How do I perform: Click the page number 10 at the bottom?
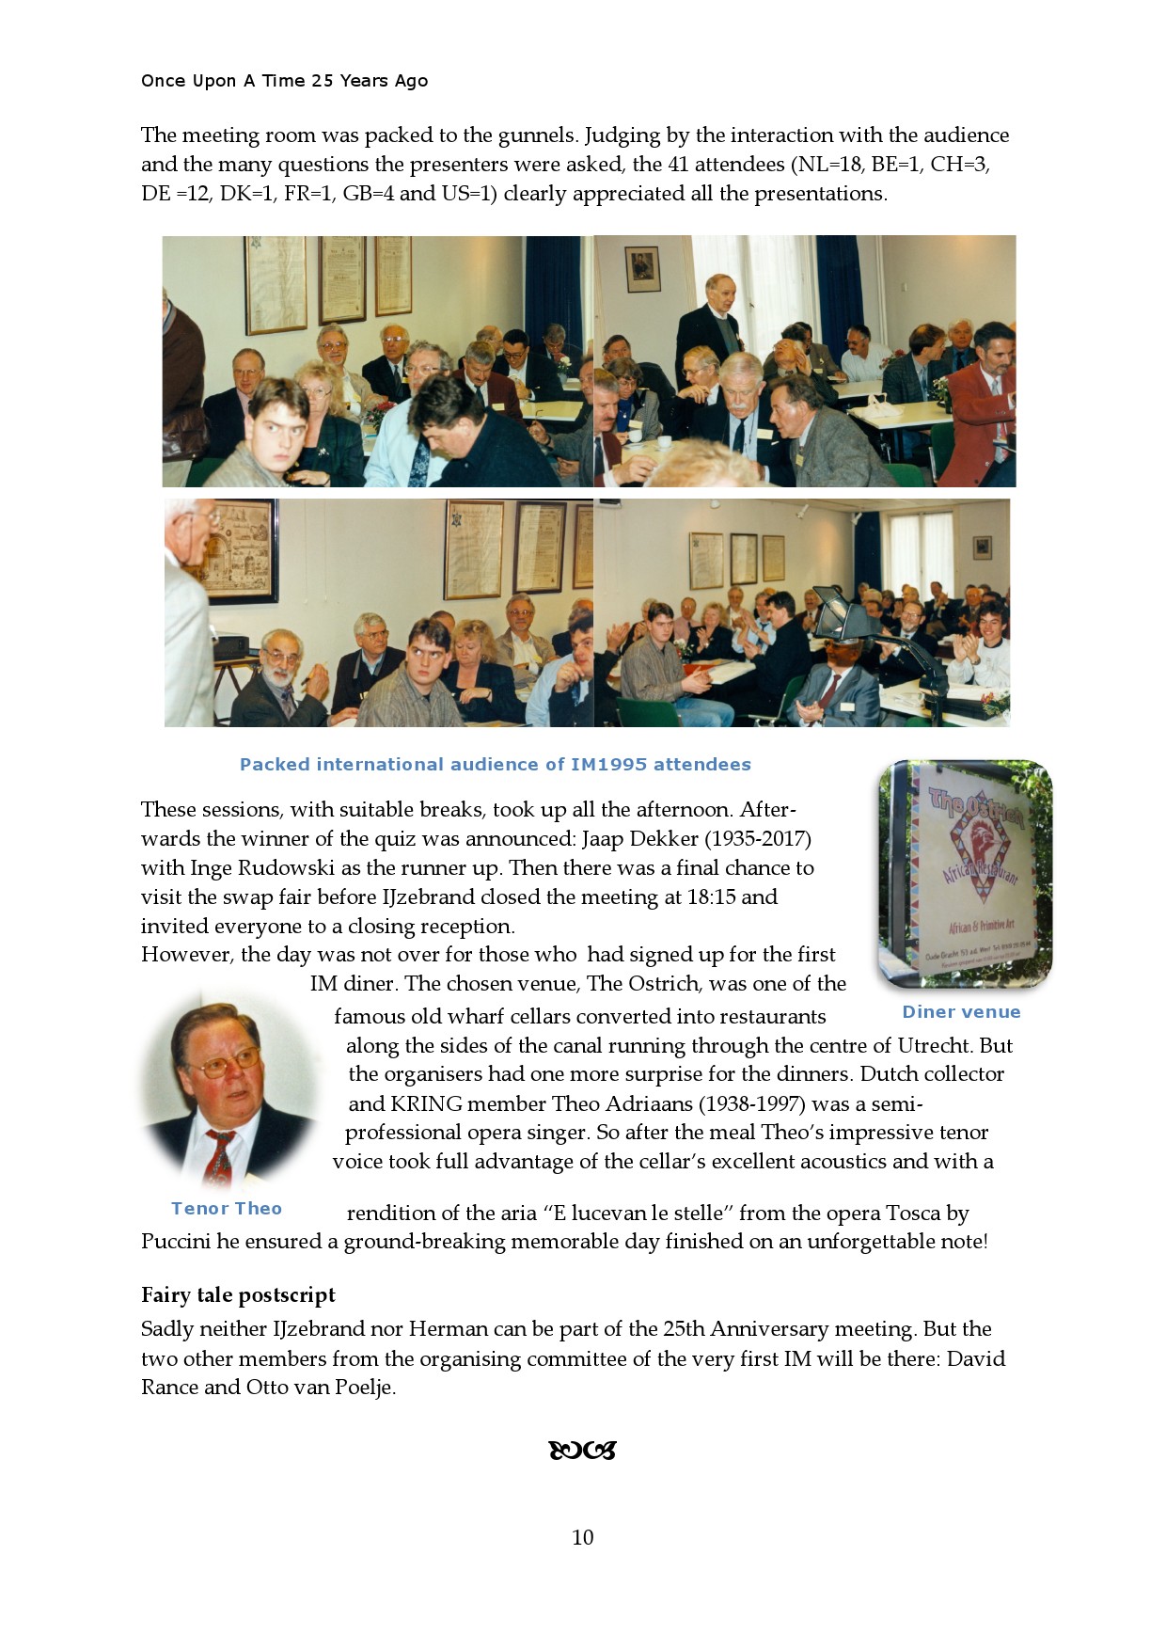coord(582,1537)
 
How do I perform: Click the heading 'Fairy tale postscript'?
coord(238,1295)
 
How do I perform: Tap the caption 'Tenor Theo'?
coord(227,1209)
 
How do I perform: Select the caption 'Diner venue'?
coord(961,1012)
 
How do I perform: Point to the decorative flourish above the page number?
coord(582,1451)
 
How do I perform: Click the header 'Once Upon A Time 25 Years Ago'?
coord(284,81)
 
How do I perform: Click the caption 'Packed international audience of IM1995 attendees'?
coord(495,765)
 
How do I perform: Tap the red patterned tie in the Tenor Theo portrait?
coord(219,1158)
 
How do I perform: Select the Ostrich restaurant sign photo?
coord(965,873)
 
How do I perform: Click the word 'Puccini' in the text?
coord(176,1242)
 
